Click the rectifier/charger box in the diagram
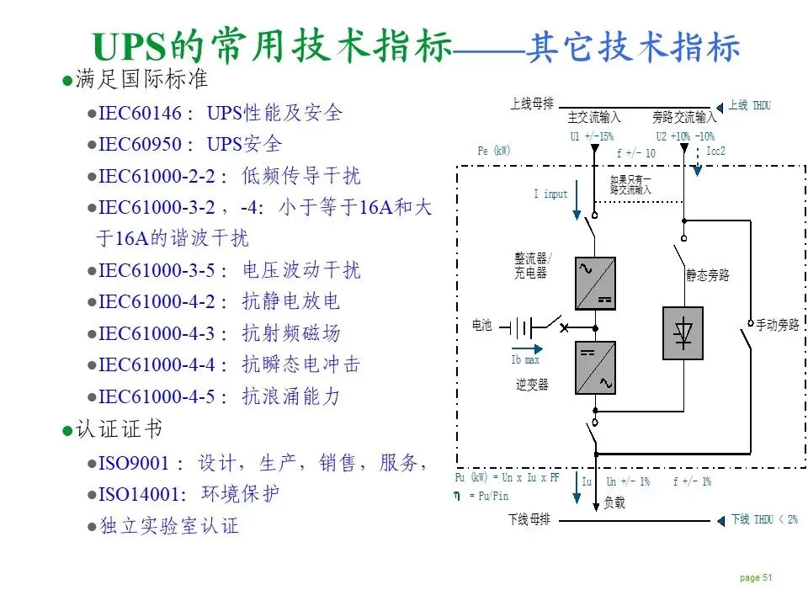(x=595, y=284)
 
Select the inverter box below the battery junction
(x=595, y=368)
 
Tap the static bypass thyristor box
(x=683, y=333)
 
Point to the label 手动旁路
(x=777, y=324)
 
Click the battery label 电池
(x=481, y=325)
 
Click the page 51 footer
(x=755, y=577)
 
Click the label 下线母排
(x=529, y=520)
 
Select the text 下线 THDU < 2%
(x=763, y=520)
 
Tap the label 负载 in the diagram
(x=614, y=502)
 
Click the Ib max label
(x=526, y=360)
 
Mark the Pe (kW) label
(x=494, y=151)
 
